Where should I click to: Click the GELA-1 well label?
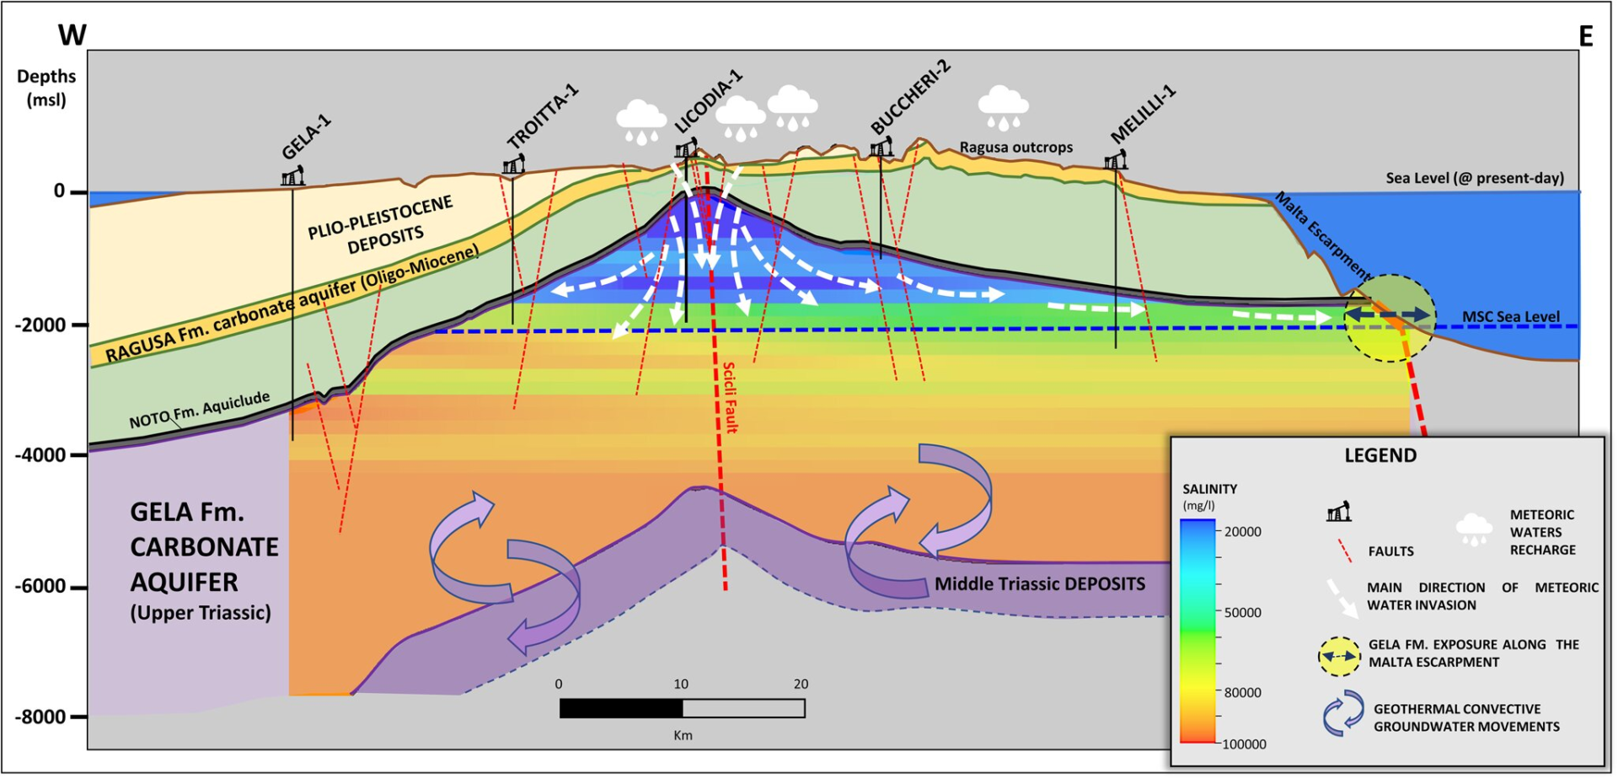(x=307, y=137)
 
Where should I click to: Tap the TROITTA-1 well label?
(x=543, y=116)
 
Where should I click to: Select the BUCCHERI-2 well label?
(x=910, y=97)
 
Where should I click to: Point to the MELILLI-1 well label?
(x=1143, y=115)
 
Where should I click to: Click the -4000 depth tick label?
(x=40, y=455)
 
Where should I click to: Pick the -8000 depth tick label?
(x=40, y=717)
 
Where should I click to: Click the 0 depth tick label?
(x=59, y=191)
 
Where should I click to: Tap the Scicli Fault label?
(x=730, y=397)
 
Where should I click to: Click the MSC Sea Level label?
(x=1511, y=317)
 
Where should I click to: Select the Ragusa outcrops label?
(x=1016, y=148)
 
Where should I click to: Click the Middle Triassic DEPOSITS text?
(x=1040, y=583)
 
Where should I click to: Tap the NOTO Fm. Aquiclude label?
(x=200, y=411)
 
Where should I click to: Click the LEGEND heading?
(x=1380, y=455)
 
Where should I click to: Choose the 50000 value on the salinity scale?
(x=1243, y=613)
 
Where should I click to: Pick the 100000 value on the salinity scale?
(x=1245, y=744)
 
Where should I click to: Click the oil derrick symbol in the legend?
(x=1338, y=511)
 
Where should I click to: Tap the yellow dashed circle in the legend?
(x=1339, y=655)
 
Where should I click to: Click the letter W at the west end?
(x=72, y=35)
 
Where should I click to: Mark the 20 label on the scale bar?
(x=801, y=685)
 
